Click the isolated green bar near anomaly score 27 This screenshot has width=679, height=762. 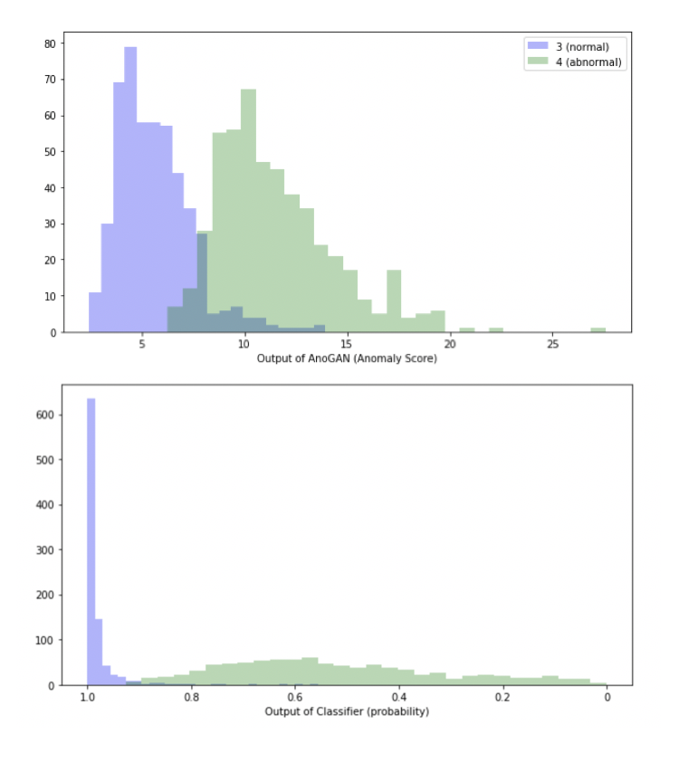pos(598,330)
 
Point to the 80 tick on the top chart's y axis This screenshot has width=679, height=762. pos(51,43)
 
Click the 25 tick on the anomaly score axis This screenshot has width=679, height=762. pos(552,345)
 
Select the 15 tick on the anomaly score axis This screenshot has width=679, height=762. pos(347,345)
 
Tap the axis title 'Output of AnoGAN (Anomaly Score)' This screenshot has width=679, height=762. pos(347,359)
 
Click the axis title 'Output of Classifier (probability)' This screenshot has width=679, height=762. pos(347,711)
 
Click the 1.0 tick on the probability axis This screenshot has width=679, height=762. pos(88,698)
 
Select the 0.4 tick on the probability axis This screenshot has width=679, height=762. pos(399,698)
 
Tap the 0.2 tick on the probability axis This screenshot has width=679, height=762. pos(502,698)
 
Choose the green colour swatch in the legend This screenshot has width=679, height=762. pos(538,62)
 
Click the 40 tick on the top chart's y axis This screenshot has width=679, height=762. pos(51,188)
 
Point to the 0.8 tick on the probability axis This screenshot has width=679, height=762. pos(191,698)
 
